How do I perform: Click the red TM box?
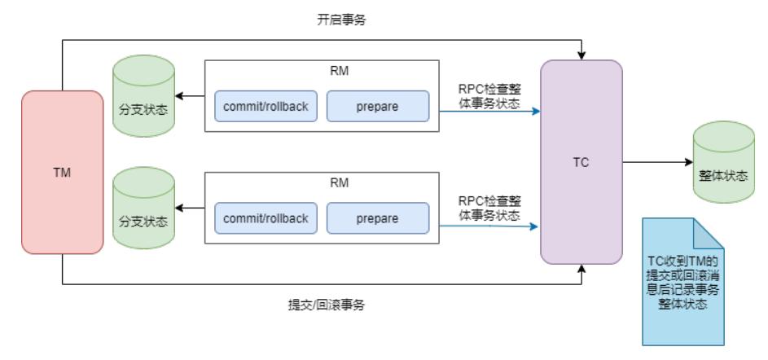pos(62,173)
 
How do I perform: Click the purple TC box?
pos(581,162)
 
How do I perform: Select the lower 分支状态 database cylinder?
pos(143,209)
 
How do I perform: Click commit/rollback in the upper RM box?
pos(266,107)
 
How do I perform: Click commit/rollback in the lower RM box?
pos(266,218)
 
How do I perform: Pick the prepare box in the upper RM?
pos(377,107)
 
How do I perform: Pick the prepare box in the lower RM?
pos(377,218)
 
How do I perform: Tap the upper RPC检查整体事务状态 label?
pos(489,96)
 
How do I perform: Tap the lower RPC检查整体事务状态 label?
pos(489,208)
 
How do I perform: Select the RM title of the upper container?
pos(322,71)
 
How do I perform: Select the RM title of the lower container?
pos(322,182)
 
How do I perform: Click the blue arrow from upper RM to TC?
pos(489,112)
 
